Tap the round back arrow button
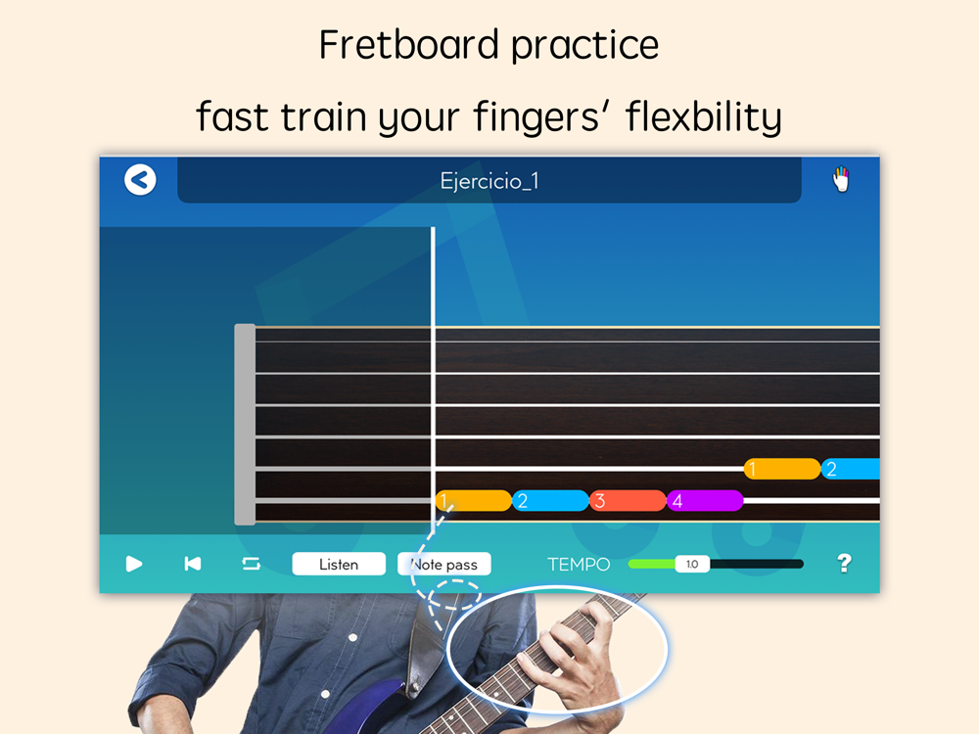(140, 180)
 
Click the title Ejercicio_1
(489, 181)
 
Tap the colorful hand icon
(841, 179)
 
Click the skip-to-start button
(193, 564)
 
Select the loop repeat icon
(251, 564)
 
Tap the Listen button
(339, 565)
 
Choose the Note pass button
(444, 565)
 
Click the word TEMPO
(579, 565)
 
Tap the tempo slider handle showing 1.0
(692, 565)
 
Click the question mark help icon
(844, 563)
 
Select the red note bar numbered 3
(628, 500)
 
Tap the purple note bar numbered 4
(705, 500)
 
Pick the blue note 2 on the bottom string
(550, 500)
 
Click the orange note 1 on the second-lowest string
(781, 469)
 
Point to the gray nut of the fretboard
(245, 425)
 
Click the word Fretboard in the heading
(408, 45)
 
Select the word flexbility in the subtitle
(703, 116)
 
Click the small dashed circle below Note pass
(456, 594)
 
